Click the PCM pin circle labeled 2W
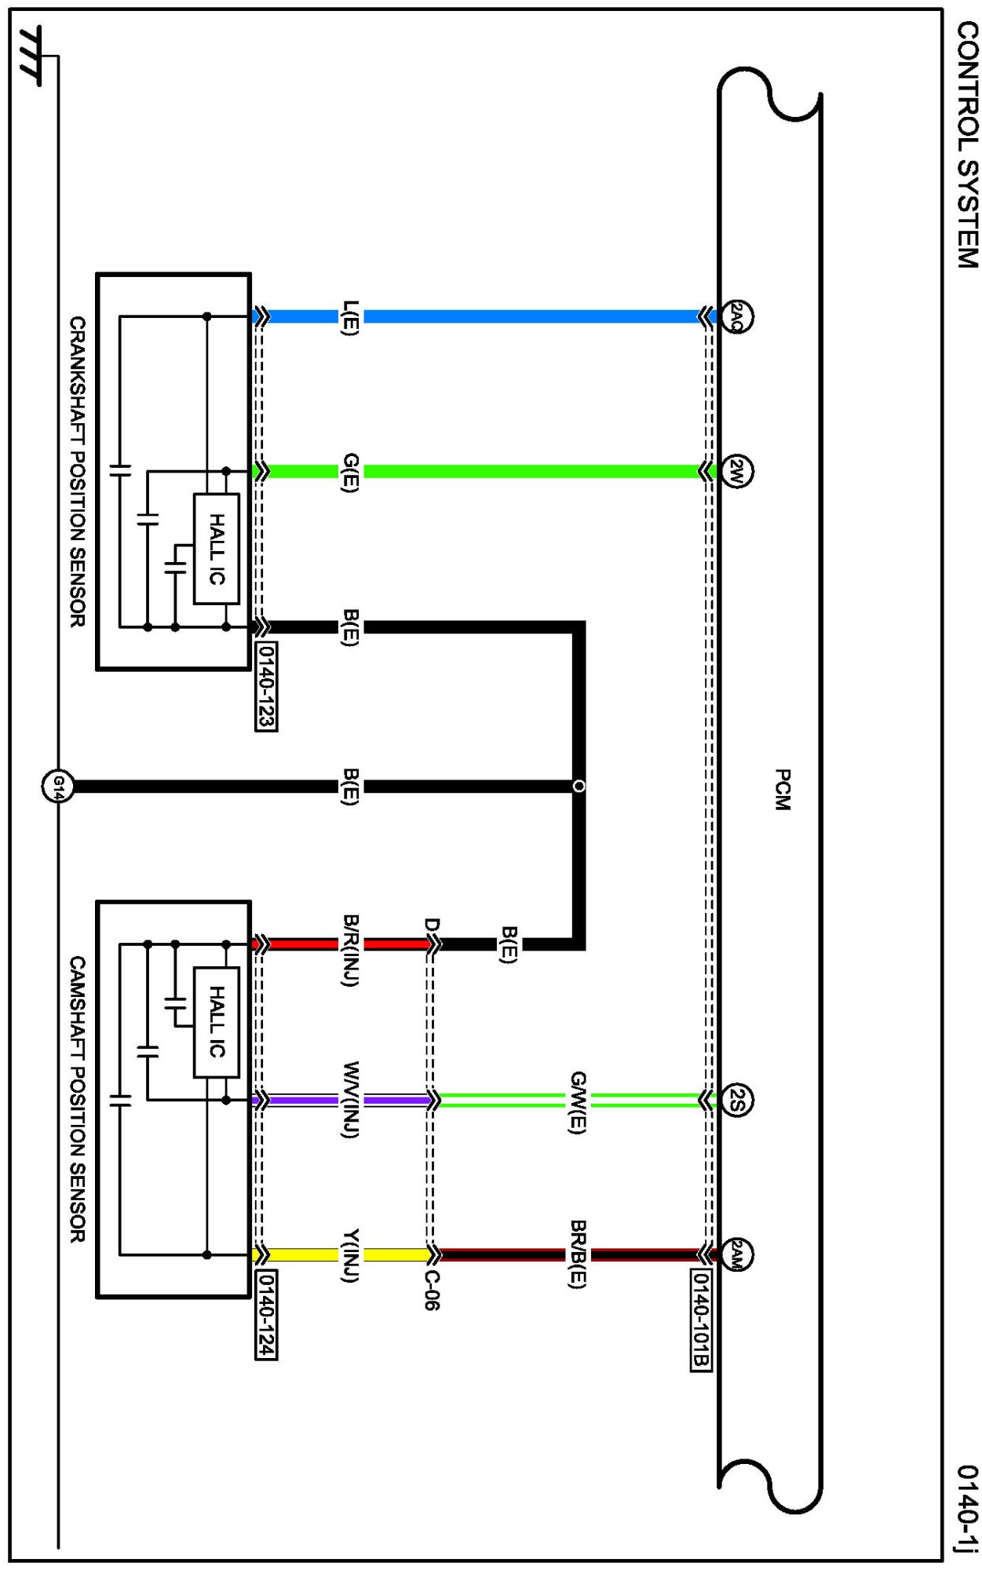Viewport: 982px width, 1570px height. (736, 472)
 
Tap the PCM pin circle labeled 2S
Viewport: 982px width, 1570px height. (736, 1100)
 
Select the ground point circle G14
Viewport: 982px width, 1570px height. (57, 786)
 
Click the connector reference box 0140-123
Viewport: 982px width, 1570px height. (267, 686)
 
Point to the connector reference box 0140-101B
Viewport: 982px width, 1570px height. (701, 1320)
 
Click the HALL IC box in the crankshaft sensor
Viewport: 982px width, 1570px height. (217, 549)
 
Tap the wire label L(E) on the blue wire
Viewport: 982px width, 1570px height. (351, 317)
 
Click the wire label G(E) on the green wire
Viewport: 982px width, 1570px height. (351, 472)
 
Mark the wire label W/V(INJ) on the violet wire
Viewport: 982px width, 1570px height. (351, 1100)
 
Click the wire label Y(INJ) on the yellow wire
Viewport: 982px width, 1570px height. (351, 1254)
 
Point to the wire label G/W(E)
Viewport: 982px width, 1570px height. (578, 1101)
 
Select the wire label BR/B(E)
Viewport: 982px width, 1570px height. (578, 1254)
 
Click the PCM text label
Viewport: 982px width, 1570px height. (782, 789)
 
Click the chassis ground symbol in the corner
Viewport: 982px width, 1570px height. (31, 55)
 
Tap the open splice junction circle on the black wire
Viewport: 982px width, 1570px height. (579, 786)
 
